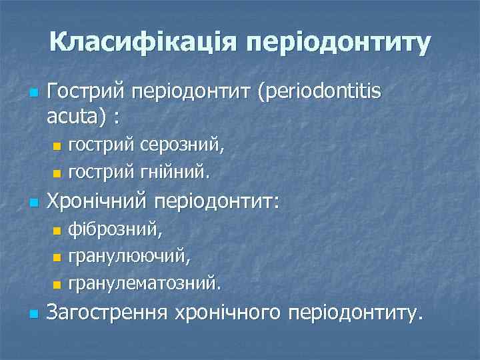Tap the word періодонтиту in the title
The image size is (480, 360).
click(x=339, y=43)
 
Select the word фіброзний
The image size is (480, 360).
click(x=114, y=230)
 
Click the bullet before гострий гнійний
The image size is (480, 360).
click(x=57, y=173)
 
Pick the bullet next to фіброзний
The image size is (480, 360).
click(x=57, y=230)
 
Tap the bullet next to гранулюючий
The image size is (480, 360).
click(x=57, y=257)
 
